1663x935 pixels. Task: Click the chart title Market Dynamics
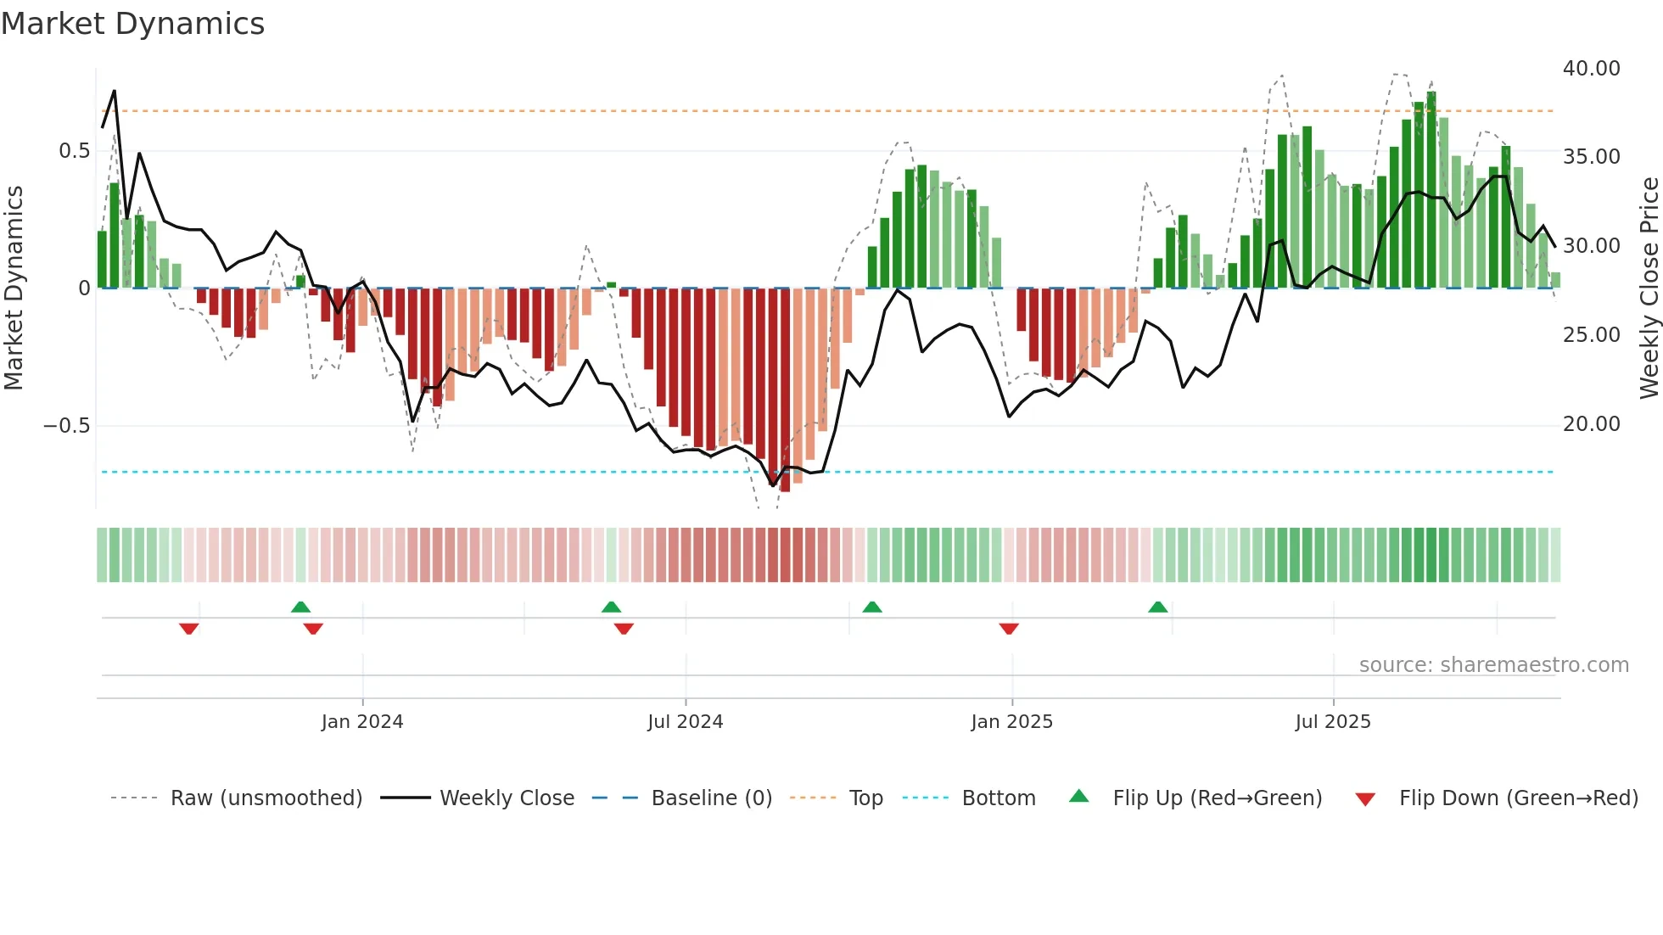pos(133,24)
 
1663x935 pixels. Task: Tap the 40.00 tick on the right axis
pos(1591,69)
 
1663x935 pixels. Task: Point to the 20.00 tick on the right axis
pos(1591,424)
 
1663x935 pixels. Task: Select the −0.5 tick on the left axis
pos(67,426)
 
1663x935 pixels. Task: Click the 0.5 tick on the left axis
pos(74,151)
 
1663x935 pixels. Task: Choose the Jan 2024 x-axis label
pos(362,722)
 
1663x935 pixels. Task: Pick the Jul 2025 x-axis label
pos(1332,722)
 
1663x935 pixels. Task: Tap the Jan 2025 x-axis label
pos(1011,722)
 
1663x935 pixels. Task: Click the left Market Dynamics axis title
pos(14,288)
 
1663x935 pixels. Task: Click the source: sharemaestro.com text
pos(1493,665)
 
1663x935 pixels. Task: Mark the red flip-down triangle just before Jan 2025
pos(1009,629)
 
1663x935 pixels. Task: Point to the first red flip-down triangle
pos(188,629)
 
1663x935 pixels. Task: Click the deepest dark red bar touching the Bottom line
pos(785,390)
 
